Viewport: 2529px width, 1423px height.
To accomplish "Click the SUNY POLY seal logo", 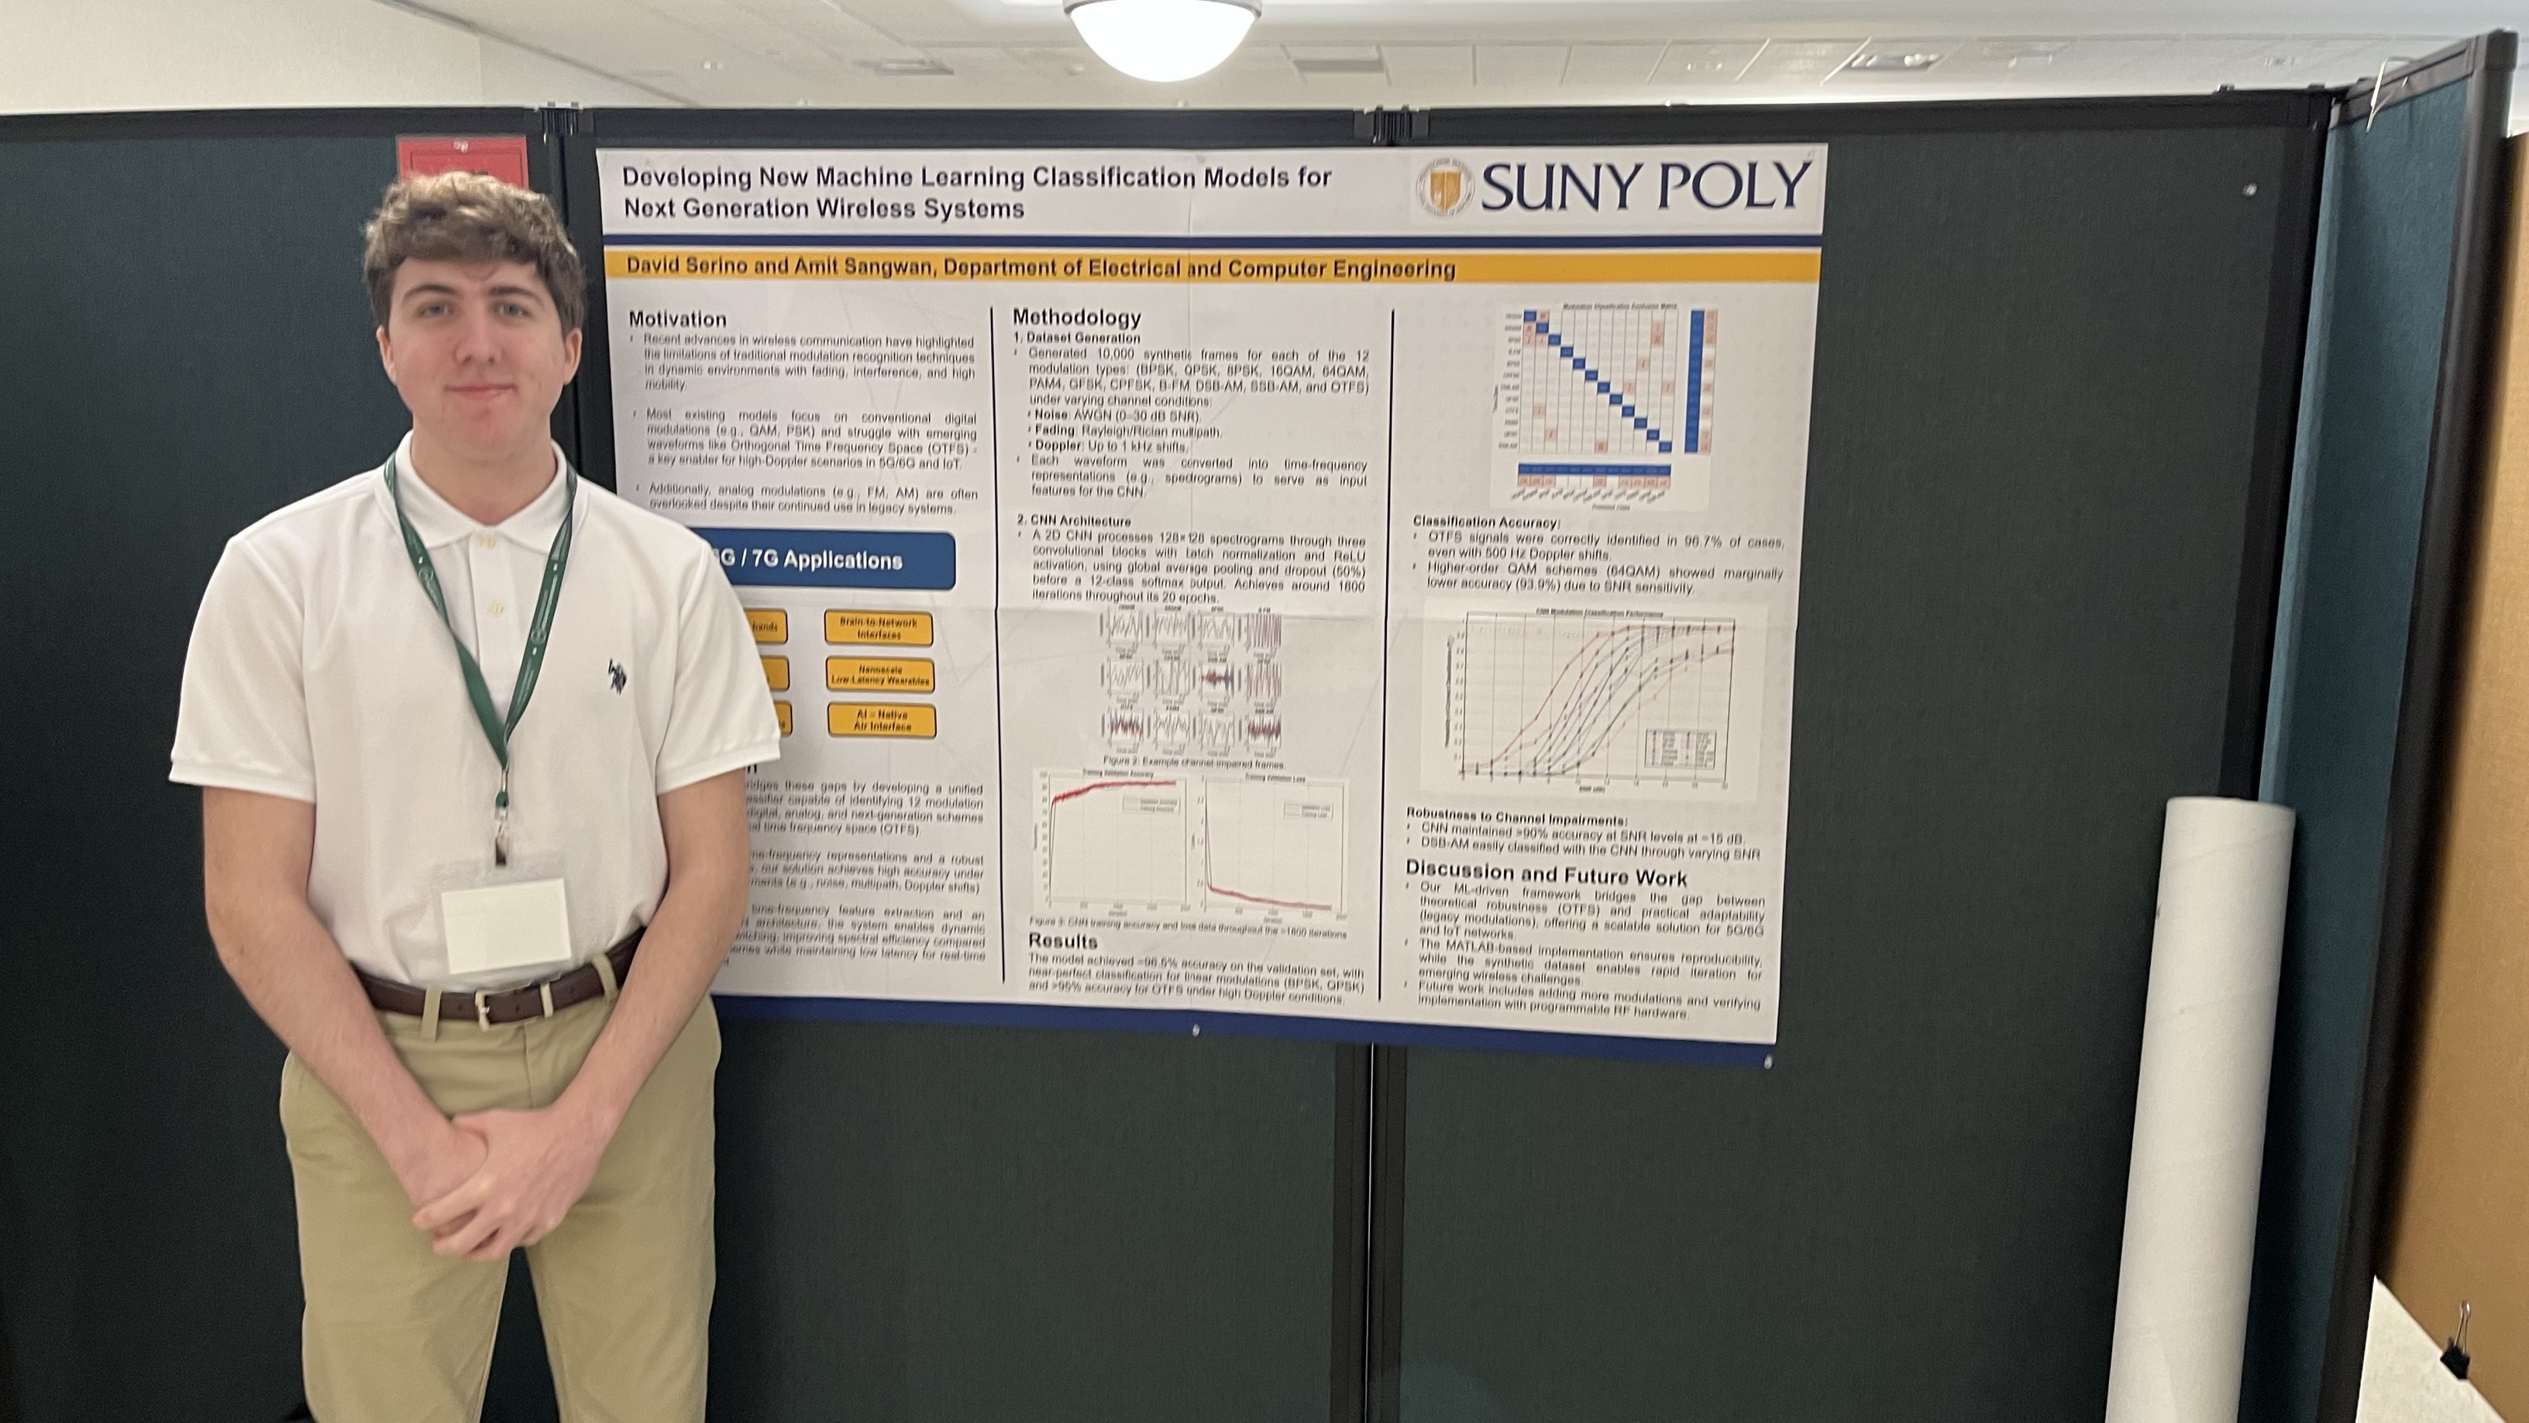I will point(1444,188).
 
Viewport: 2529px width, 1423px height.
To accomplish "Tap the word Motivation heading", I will point(677,319).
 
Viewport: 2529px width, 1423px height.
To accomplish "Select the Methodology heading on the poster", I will point(1077,317).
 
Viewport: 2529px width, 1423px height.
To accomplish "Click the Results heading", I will point(1063,941).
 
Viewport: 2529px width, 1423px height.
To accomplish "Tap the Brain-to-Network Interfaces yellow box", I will point(879,629).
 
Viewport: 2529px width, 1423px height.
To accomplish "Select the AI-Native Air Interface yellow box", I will point(882,721).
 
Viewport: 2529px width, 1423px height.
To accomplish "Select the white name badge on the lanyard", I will point(506,924).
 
